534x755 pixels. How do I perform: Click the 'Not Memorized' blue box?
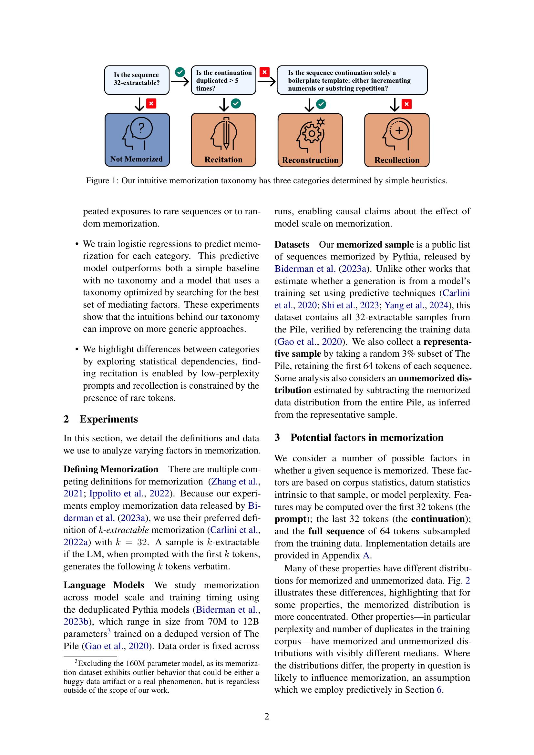point(137,140)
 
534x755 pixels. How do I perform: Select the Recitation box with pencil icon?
point(223,140)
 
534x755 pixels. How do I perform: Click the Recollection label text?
point(397,160)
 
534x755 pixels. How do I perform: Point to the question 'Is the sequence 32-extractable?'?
point(137,79)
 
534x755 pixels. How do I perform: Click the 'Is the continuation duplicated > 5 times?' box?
point(223,80)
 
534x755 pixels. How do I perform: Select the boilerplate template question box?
point(352,80)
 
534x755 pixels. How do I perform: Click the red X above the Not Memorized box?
point(151,104)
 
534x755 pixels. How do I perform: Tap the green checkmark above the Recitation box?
point(236,104)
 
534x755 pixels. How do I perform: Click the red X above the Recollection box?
point(407,104)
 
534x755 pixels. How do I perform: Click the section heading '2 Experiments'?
point(101,419)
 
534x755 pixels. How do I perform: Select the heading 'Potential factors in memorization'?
point(367,437)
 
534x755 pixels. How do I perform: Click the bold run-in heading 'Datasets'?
point(292,245)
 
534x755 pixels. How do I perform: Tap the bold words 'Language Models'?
point(104,585)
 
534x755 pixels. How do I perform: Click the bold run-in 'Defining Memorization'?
point(111,469)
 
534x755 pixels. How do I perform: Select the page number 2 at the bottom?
point(267,716)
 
